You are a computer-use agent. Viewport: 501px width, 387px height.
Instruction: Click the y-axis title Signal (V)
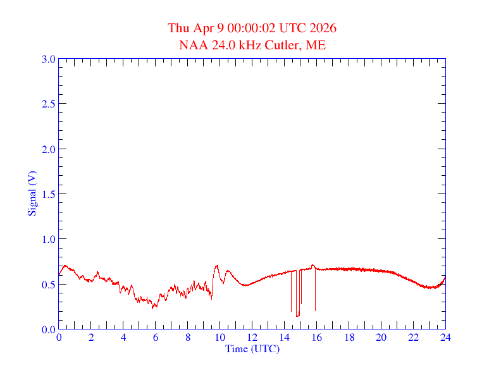pyautogui.click(x=32, y=193)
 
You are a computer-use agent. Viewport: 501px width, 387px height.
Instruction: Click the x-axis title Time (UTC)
pyautogui.click(x=252, y=348)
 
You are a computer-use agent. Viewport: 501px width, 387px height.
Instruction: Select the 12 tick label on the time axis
pyautogui.click(x=252, y=337)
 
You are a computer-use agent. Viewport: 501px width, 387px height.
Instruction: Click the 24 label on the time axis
pyautogui.click(x=445, y=337)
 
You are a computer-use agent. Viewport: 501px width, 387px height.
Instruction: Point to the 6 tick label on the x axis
pyautogui.click(x=156, y=337)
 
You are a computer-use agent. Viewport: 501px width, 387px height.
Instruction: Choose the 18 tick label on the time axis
pyautogui.click(x=349, y=337)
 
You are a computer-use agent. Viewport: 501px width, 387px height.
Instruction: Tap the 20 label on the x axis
pyautogui.click(x=381, y=337)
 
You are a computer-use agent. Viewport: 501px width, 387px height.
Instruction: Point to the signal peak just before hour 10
pyautogui.click(x=217, y=266)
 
